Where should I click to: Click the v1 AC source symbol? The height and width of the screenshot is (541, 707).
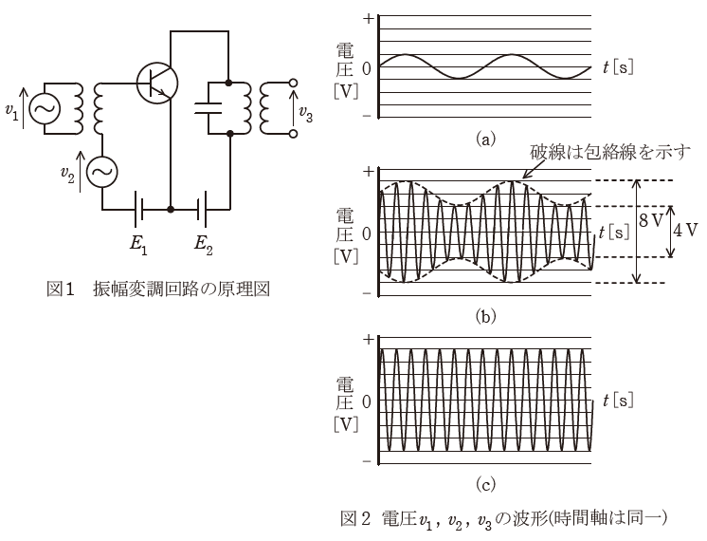click(x=43, y=111)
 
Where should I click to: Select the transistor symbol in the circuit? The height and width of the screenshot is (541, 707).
click(x=156, y=83)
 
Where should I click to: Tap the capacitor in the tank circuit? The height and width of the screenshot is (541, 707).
click(x=213, y=103)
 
